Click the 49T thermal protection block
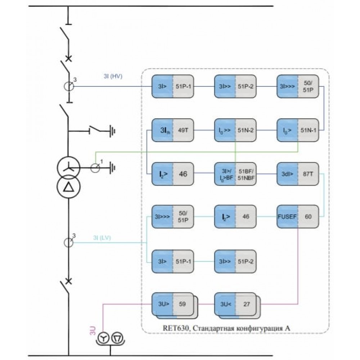(173, 130)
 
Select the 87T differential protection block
(298, 174)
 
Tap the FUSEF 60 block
(298, 216)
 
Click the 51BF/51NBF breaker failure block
(235, 174)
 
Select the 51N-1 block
(298, 130)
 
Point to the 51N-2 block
(235, 130)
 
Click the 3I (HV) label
(113, 76)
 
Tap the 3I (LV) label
(102, 238)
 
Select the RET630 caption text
(226, 328)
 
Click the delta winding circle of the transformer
(69, 186)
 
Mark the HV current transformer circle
(69, 86)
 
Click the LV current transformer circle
(68, 242)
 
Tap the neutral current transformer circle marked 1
(95, 168)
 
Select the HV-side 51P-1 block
(173, 86)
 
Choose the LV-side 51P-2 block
(235, 261)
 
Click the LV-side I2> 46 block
(235, 216)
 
